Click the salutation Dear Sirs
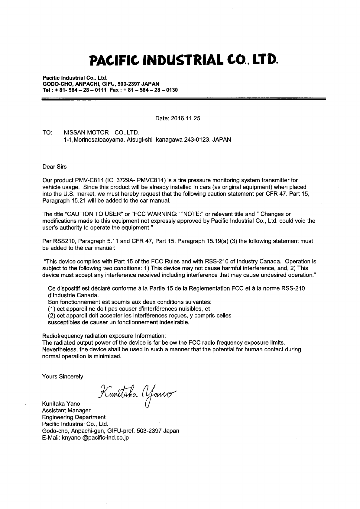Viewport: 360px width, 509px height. [x=54, y=167]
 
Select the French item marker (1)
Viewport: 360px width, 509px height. [x=52, y=309]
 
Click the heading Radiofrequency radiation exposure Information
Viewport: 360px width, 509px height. [x=104, y=336]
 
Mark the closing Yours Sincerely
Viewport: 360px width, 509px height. [x=63, y=376]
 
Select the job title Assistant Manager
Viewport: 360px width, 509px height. [x=66, y=411]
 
